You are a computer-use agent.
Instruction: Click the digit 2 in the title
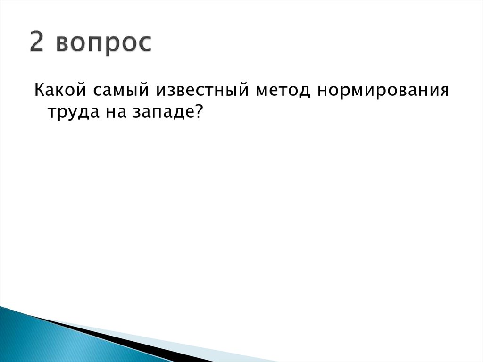click(38, 43)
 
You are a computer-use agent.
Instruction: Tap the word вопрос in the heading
click(104, 44)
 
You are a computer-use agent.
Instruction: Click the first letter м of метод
click(263, 90)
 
